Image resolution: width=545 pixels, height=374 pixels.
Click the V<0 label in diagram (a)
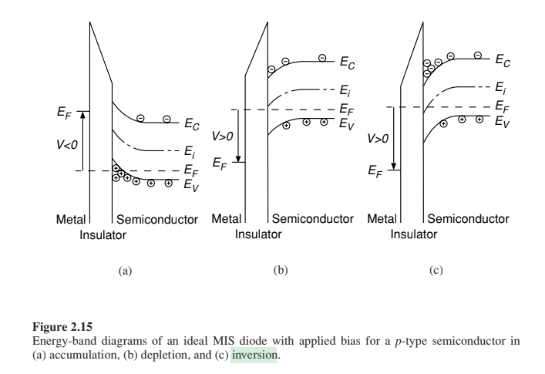[67, 144]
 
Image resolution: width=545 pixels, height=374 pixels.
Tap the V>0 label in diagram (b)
[223, 136]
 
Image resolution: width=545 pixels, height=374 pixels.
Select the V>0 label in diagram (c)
[378, 138]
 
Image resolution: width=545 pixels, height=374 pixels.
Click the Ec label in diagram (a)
[192, 123]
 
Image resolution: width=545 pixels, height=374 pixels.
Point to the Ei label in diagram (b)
[345, 91]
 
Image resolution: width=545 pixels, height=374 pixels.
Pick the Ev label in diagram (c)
[503, 122]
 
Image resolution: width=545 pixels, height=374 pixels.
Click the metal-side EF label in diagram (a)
[64, 113]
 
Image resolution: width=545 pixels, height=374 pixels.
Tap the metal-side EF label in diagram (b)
[220, 163]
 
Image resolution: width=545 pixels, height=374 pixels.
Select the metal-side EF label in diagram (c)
[375, 171]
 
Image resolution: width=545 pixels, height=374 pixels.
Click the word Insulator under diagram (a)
[103, 235]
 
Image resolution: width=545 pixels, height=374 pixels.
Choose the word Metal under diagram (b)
[227, 219]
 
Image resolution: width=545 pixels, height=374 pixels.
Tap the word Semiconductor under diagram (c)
[468, 219]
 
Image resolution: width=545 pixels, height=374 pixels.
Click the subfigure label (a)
[125, 271]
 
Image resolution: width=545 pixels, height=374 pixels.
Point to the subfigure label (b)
[281, 270]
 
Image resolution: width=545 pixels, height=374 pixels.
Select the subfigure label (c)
[436, 270]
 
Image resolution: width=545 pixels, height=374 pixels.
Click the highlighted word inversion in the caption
[254, 355]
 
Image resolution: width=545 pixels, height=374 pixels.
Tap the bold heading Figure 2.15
[62, 327]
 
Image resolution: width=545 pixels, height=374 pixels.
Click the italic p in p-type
[398, 342]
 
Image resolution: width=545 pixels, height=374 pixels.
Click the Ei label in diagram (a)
[190, 152]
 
